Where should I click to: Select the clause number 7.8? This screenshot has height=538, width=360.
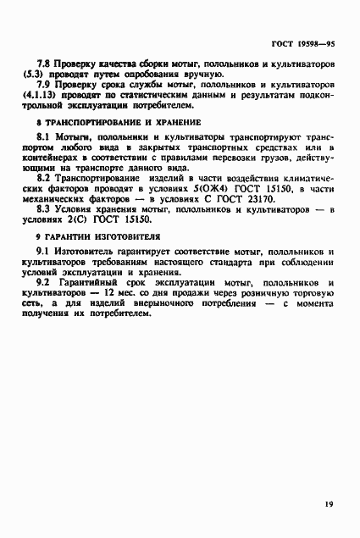(46, 64)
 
